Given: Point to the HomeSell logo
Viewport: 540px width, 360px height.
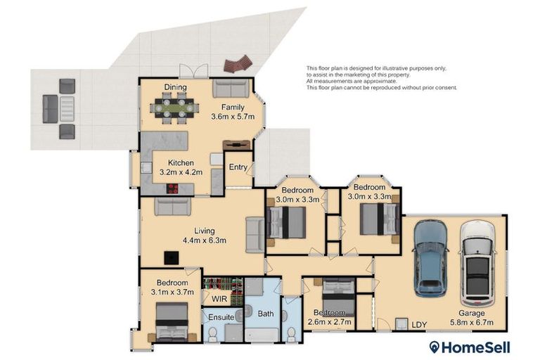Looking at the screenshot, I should point(469,347).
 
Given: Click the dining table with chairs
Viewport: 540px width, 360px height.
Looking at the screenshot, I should point(174,109).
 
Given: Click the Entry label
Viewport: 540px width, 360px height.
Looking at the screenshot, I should point(238,167).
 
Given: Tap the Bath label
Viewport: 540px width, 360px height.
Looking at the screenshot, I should point(265,314).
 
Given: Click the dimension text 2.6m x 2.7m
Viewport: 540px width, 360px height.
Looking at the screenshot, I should point(330,322).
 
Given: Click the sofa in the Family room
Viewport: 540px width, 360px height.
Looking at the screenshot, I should point(231,89).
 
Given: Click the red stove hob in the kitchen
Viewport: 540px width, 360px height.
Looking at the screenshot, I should point(172,188).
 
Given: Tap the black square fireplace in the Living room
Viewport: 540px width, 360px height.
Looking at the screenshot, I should point(170,257).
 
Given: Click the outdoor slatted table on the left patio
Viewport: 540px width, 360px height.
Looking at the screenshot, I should point(67,109).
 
